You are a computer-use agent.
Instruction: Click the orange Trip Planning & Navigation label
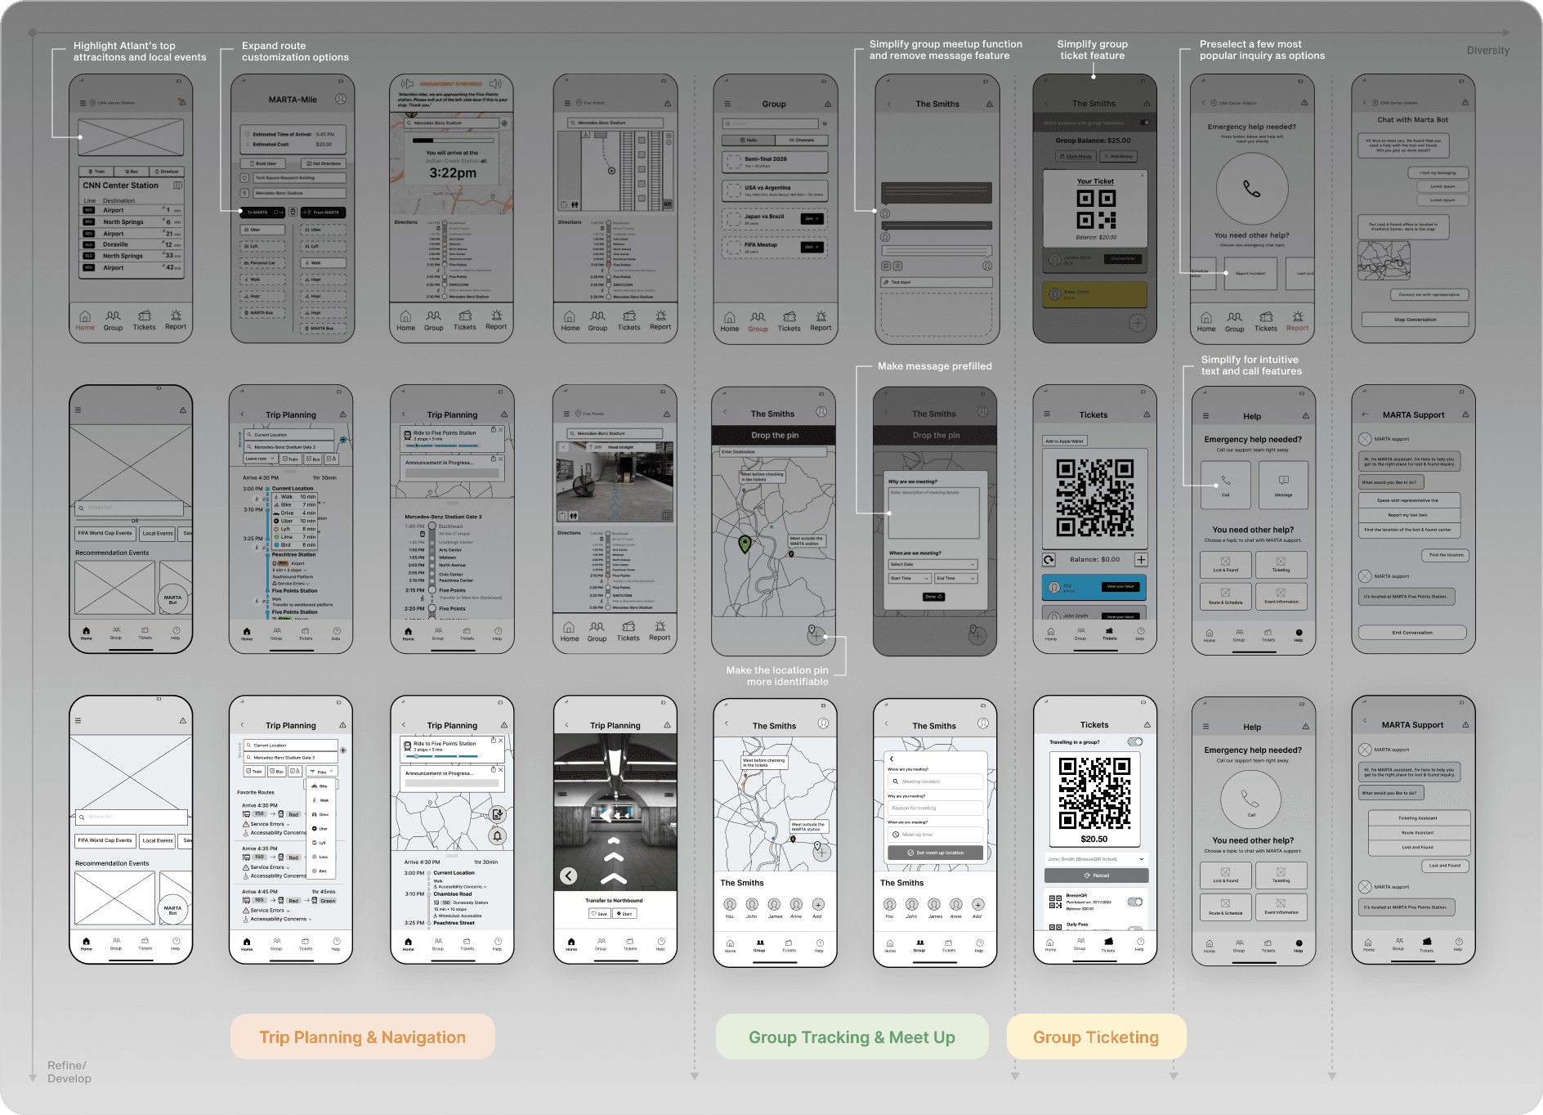point(362,1037)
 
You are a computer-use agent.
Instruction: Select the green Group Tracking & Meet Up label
point(852,1037)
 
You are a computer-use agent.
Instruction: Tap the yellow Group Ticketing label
point(1095,1037)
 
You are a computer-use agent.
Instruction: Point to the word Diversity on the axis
point(1487,51)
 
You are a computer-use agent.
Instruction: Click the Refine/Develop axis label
point(69,1072)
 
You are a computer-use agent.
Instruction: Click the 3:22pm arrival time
point(453,173)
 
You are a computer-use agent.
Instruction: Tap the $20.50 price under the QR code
point(1094,839)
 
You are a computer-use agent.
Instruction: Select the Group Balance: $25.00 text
point(1093,141)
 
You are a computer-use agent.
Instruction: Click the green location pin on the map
point(745,544)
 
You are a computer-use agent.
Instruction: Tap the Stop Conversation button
point(1415,320)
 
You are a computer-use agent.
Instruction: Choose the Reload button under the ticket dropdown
point(1096,875)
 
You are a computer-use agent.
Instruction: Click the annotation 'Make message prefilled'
point(934,366)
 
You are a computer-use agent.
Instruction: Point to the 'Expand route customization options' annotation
point(295,51)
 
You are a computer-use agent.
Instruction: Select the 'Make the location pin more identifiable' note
point(776,676)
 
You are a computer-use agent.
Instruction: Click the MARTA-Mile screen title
point(293,100)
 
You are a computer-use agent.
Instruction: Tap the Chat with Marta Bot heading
point(1412,120)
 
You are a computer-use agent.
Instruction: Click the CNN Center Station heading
point(120,186)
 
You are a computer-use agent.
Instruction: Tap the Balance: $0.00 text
point(1094,560)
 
